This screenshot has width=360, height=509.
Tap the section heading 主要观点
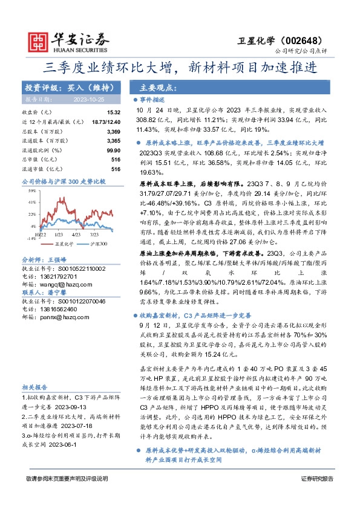[155, 87]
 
